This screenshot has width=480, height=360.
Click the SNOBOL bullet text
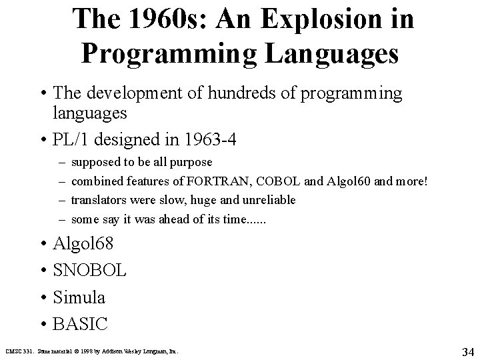(89, 271)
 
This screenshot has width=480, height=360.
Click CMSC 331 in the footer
(17, 350)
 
